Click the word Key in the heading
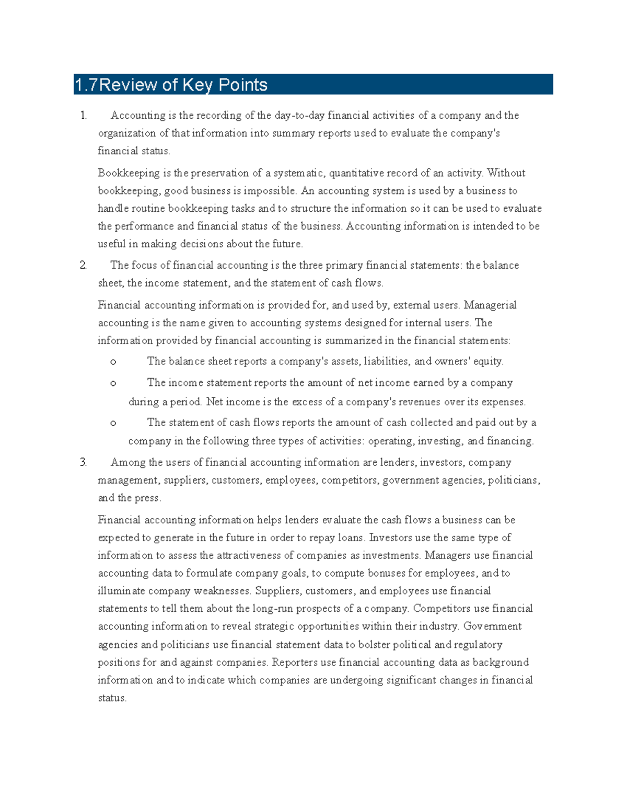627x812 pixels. (x=198, y=85)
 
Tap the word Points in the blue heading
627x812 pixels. (x=243, y=85)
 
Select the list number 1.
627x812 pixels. (x=84, y=116)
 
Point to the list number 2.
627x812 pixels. (x=84, y=266)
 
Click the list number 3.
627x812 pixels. (x=84, y=463)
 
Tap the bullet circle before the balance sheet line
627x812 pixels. (x=113, y=362)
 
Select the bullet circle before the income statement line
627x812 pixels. (x=113, y=383)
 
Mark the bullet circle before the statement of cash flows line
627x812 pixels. (x=113, y=423)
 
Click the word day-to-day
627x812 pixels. (x=299, y=116)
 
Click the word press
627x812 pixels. (x=147, y=498)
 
